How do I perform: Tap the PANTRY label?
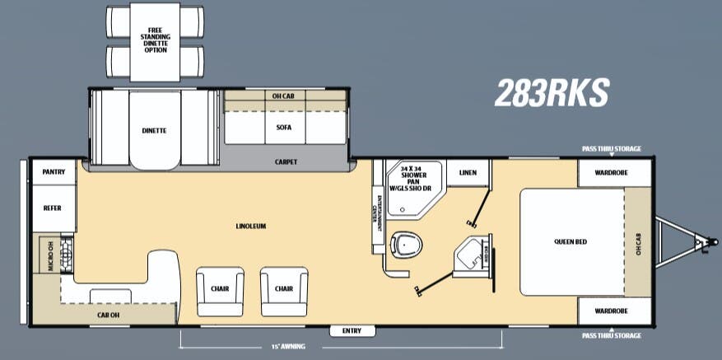coord(53,171)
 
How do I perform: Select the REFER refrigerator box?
coord(53,208)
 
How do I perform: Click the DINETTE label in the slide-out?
coord(154,130)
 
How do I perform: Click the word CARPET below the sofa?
coord(286,161)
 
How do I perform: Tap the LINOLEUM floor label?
coord(250,226)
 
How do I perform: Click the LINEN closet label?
coord(468,172)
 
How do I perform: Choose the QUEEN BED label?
coord(570,242)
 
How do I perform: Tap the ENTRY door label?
coord(352,330)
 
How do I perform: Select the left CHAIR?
coord(220,290)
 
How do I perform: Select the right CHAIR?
coord(284,290)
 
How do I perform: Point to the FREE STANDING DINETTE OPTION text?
coord(155,40)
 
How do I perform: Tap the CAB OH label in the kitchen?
coord(109,314)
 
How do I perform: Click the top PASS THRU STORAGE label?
coord(612,149)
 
